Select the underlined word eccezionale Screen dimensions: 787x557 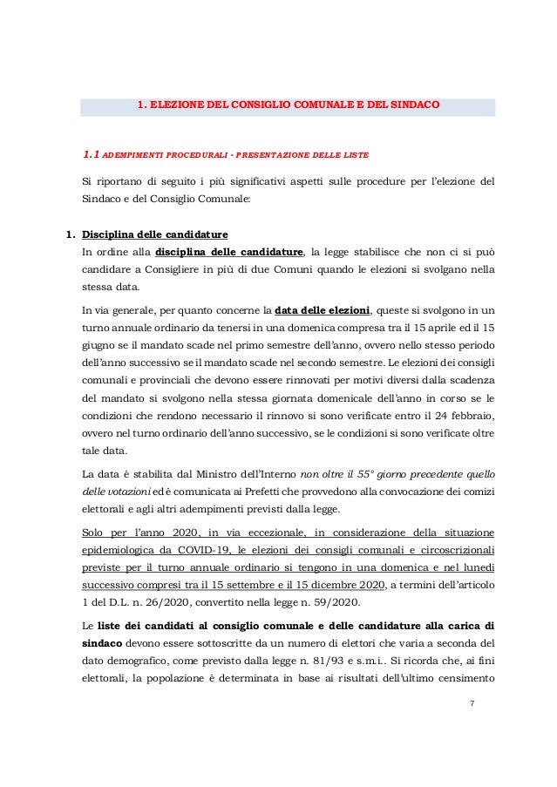pos(287,530)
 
